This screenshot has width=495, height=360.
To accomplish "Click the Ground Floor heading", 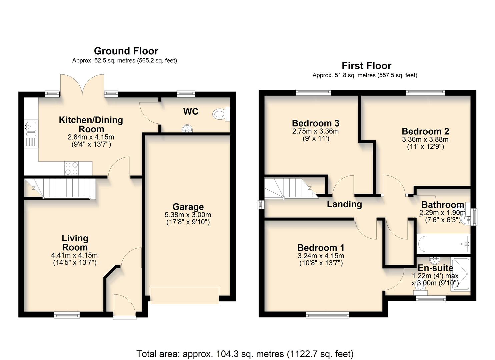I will pyautogui.click(x=126, y=51).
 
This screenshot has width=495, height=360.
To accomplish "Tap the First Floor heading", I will pyautogui.click(x=366, y=66).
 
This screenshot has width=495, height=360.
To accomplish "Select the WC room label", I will pyautogui.click(x=191, y=111).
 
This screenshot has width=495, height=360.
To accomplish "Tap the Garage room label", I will pyautogui.click(x=188, y=207).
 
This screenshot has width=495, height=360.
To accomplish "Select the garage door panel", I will pyautogui.click(x=184, y=295).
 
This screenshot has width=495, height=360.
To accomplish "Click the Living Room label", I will pyautogui.click(x=75, y=243).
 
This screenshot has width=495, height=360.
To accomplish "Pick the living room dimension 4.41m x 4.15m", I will pyautogui.click(x=74, y=255).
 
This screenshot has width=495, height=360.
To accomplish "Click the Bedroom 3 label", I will pyautogui.click(x=315, y=123).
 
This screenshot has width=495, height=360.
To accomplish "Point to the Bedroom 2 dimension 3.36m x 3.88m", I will pyautogui.click(x=425, y=139).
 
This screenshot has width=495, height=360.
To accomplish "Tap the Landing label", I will pyautogui.click(x=344, y=204).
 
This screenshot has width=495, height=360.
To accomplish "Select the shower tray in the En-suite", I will pyautogui.click(x=460, y=274).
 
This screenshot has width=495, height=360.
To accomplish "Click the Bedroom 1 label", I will pyautogui.click(x=321, y=248).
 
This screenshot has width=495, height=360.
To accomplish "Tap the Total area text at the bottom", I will pyautogui.click(x=245, y=353).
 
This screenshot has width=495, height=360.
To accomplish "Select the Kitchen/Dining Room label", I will pyautogui.click(x=91, y=124).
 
